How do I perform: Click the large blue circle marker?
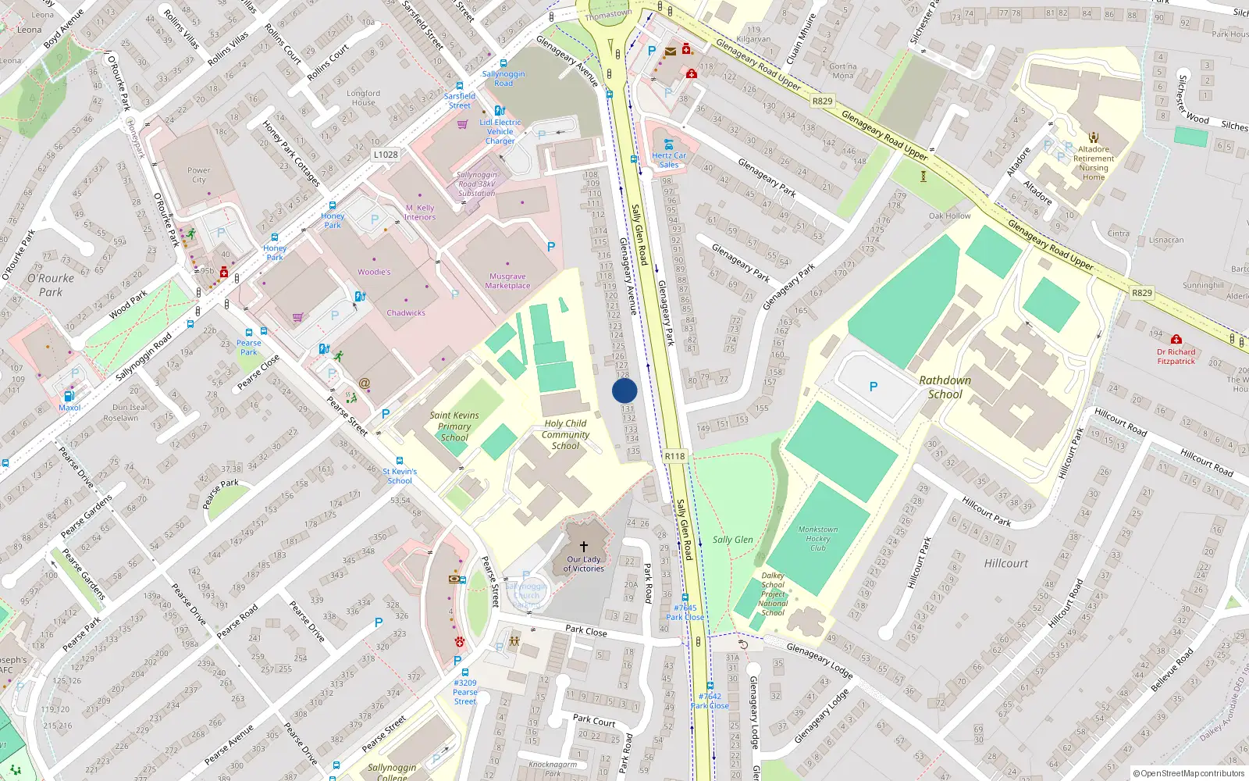click(x=624, y=390)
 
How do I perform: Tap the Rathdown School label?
click(x=945, y=387)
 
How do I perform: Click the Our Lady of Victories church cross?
click(x=583, y=547)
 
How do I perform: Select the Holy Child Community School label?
click(x=565, y=435)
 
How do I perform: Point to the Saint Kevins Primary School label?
click(x=454, y=426)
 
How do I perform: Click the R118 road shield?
click(x=674, y=456)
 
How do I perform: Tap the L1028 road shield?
click(x=385, y=155)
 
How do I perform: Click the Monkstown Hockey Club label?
click(x=817, y=539)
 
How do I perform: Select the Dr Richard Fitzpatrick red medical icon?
click(x=1176, y=339)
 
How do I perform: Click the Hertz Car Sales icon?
click(x=669, y=144)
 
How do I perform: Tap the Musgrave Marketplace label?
click(x=507, y=281)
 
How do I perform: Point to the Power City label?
click(x=198, y=175)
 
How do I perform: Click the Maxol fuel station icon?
click(x=69, y=397)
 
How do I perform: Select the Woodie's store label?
click(x=374, y=272)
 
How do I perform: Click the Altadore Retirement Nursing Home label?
click(x=1093, y=163)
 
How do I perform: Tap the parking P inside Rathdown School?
click(x=873, y=387)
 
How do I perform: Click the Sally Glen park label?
click(x=732, y=540)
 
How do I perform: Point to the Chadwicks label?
click(x=406, y=312)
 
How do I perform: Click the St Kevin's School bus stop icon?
click(x=400, y=462)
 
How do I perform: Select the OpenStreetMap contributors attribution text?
click(x=1188, y=774)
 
